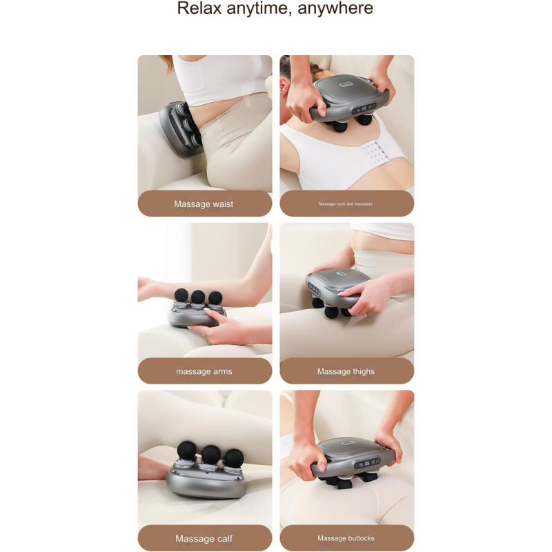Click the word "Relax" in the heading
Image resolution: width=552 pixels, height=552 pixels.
(199, 8)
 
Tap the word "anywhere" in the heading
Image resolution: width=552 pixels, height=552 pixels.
(335, 9)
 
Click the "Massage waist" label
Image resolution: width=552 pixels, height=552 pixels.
(204, 204)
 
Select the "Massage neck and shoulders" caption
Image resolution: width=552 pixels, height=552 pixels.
(346, 204)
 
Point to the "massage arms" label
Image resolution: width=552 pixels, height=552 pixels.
(204, 371)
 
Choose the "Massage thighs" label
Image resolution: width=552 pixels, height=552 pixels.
(346, 371)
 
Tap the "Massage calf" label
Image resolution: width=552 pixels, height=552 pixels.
(204, 539)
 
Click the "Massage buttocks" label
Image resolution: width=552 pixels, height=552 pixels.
(346, 538)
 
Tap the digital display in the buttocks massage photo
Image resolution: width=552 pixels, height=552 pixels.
(366, 463)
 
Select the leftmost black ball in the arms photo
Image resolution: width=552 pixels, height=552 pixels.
(181, 296)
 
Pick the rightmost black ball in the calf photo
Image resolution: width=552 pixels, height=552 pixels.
(234, 458)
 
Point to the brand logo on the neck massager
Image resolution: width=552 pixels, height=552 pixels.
(346, 84)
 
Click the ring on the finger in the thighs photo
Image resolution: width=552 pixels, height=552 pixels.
(366, 313)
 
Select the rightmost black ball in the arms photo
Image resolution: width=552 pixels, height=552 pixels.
(215, 298)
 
